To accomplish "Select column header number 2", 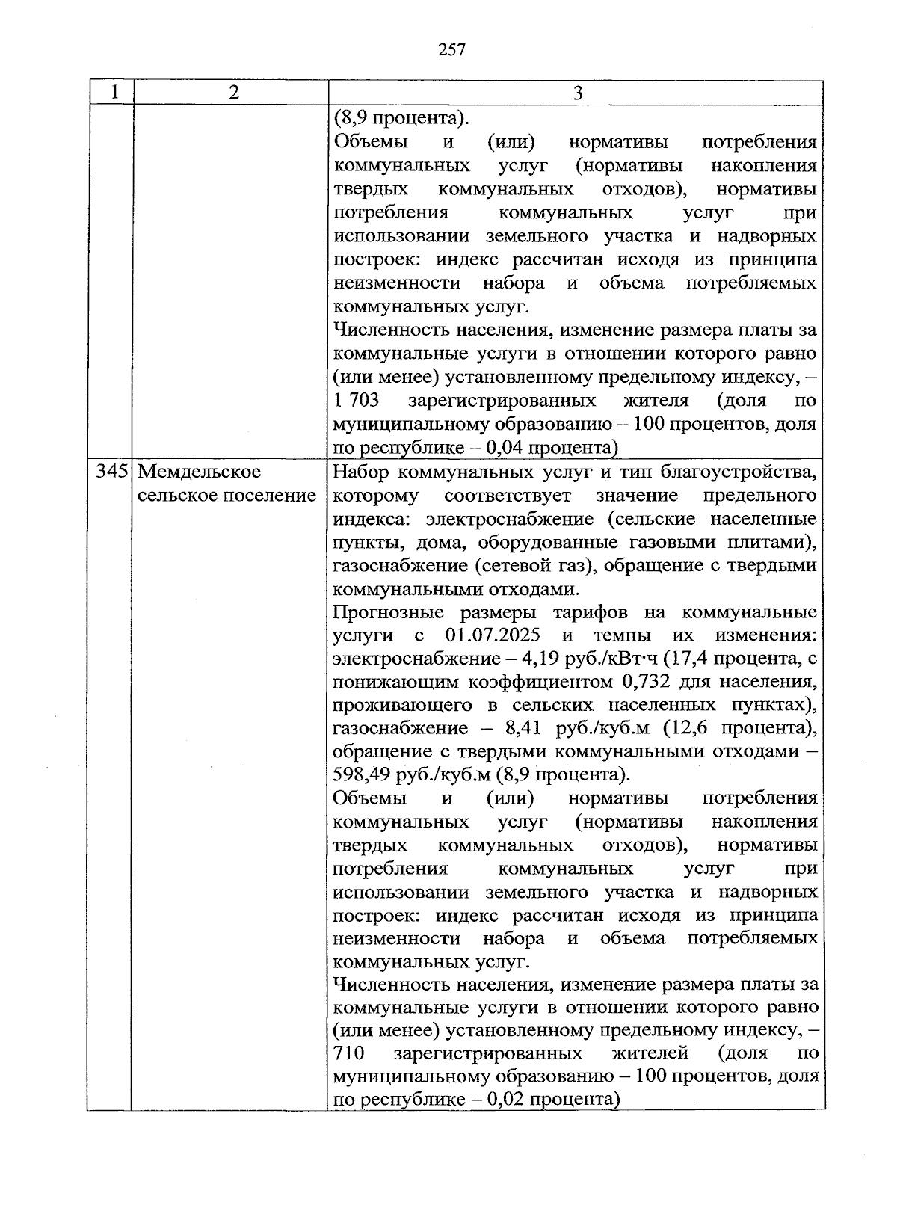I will (x=234, y=93).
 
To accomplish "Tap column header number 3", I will (x=576, y=93).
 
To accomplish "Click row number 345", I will (x=111, y=472).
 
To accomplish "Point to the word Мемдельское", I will (x=200, y=472).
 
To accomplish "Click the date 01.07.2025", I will (x=493, y=635).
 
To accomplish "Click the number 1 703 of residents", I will (x=357, y=401).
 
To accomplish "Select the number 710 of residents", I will (x=348, y=1053).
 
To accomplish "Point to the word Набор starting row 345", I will (x=360, y=472).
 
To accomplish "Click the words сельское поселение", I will (x=226, y=495).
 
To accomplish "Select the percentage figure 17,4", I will (x=689, y=659).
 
